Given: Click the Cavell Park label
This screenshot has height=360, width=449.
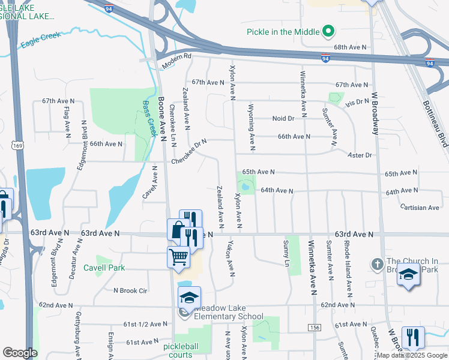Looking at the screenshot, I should [104, 268].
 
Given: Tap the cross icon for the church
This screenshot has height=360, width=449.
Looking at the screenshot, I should [376, 264].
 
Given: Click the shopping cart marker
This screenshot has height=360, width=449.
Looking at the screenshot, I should [179, 257].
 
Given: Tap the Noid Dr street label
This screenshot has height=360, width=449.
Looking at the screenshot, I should [283, 118].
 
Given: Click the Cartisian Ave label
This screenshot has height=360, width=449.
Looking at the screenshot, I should [420, 208].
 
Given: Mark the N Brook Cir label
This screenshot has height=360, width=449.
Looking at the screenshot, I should [130, 290].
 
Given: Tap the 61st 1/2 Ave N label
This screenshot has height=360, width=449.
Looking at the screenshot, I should [145, 324].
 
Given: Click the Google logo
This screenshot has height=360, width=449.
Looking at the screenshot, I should [20, 353].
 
